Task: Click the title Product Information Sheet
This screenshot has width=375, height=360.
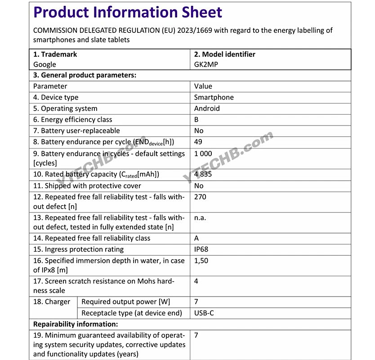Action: (128, 12)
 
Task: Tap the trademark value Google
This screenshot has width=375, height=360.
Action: (45, 64)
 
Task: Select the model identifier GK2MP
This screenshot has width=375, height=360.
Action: (206, 64)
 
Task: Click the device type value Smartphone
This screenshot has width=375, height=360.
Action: (214, 97)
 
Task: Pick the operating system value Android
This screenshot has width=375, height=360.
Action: (207, 108)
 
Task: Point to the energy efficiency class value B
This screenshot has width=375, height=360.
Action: (196, 120)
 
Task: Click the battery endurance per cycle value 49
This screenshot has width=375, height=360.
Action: (198, 142)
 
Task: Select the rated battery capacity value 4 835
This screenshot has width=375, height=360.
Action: (203, 174)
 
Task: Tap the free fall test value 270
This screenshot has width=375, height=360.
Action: (200, 197)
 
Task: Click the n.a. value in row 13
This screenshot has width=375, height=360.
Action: (200, 218)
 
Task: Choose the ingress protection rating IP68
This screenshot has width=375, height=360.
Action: (201, 249)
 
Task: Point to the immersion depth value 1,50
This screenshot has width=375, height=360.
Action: (201, 261)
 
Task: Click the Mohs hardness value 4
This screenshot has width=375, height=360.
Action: (196, 281)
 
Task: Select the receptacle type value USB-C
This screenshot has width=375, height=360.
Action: (204, 313)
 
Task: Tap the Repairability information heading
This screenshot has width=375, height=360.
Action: (76, 324)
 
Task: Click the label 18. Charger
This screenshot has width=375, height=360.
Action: (52, 302)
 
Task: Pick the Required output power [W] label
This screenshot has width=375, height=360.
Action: (126, 302)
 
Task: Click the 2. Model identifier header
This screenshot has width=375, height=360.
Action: (225, 54)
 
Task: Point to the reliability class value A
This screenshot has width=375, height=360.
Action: (196, 238)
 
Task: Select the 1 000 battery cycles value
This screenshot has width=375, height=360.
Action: (203, 153)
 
